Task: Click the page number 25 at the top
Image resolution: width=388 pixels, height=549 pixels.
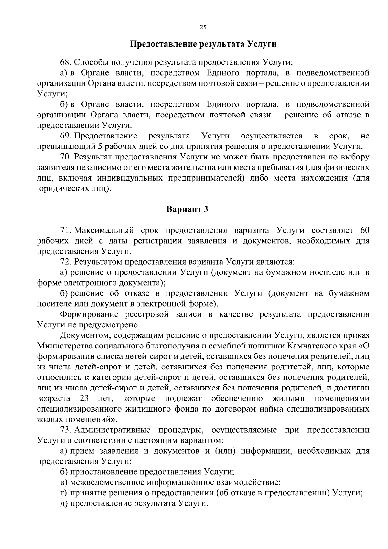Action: click(x=203, y=27)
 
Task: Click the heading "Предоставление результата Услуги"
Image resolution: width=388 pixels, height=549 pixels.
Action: click(x=203, y=44)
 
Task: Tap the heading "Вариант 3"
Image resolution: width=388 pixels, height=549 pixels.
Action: click(x=187, y=209)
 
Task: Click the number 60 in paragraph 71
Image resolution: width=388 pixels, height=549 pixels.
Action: click(x=364, y=230)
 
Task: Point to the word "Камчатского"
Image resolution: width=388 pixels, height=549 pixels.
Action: click(x=312, y=346)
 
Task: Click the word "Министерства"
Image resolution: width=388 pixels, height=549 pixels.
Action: click(x=65, y=346)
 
